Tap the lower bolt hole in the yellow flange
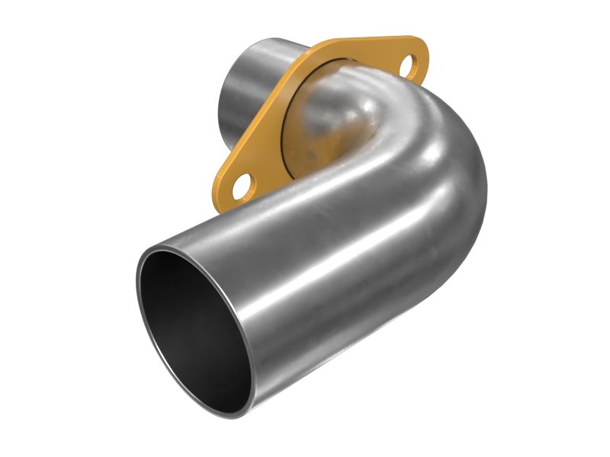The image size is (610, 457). click(x=242, y=185)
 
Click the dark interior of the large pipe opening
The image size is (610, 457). click(x=187, y=320)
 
